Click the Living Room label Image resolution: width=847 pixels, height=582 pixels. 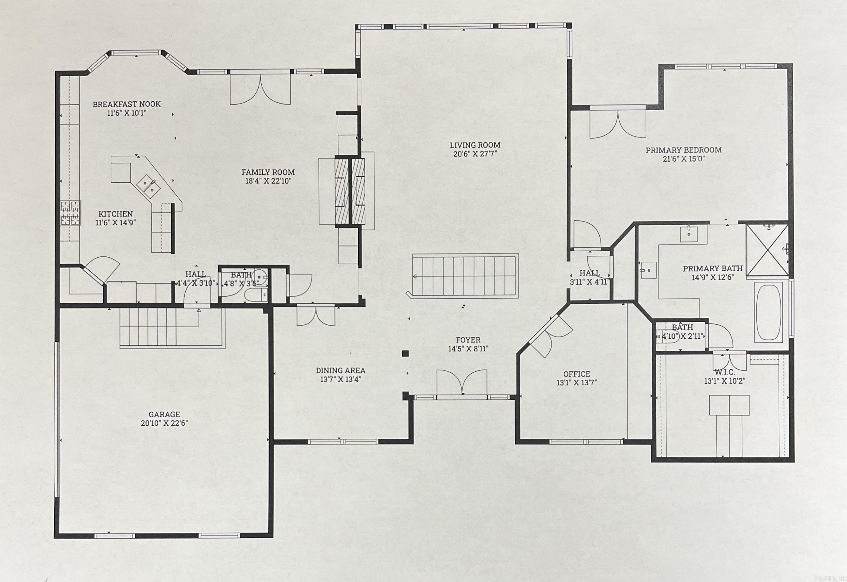point(475,145)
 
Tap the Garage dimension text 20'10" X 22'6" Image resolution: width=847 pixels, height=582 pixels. point(164,423)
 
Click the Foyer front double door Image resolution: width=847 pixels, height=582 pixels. point(462,383)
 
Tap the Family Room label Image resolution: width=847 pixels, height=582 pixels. point(268,172)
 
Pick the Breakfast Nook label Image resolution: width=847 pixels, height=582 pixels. point(127,104)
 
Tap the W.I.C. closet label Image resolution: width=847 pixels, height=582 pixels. point(724,372)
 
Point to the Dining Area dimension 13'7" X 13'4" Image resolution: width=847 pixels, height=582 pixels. point(341,379)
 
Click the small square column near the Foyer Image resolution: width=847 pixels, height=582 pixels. point(405,353)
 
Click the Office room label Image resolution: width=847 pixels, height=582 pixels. point(576,374)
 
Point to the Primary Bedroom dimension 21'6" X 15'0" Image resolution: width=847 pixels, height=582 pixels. point(684,159)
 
